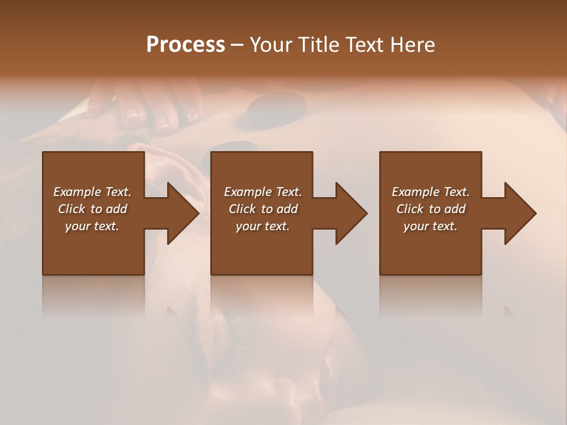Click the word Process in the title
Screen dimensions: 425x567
click(185, 44)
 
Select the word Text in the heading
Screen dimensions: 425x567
click(363, 44)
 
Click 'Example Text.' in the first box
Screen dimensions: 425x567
click(92, 192)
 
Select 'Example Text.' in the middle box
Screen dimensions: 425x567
click(263, 192)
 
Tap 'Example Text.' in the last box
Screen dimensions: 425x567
click(431, 192)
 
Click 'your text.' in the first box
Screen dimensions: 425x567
click(92, 226)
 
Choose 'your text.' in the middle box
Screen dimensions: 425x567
click(263, 226)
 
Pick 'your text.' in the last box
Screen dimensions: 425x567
click(431, 226)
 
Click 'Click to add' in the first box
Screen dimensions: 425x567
click(92, 209)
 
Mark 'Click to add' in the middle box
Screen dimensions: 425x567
click(263, 209)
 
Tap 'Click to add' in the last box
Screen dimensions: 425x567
click(431, 209)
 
